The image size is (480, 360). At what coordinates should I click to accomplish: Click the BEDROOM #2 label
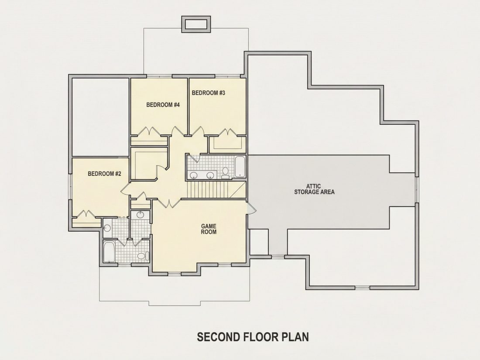point(104,174)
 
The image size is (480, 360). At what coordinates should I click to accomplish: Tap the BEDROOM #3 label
point(209,93)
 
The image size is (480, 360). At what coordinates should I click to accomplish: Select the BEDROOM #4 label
point(163,105)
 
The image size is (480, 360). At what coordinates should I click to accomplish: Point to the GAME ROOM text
point(209,229)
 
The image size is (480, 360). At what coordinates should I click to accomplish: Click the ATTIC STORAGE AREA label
point(314,189)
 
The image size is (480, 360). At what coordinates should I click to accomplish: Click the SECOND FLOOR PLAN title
point(253,337)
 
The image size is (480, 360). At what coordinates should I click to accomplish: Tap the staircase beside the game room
point(216,190)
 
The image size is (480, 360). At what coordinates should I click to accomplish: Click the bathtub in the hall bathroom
point(240,167)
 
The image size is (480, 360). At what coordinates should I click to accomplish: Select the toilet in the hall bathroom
point(226,173)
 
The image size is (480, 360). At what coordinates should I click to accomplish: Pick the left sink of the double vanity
point(193,175)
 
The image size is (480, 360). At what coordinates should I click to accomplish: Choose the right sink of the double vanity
point(210,175)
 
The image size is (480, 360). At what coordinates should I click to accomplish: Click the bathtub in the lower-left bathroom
point(109,252)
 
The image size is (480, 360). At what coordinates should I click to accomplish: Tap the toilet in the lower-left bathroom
point(143,256)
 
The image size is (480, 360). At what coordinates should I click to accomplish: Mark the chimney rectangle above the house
point(196,24)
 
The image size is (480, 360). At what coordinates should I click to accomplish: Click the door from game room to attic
point(251,208)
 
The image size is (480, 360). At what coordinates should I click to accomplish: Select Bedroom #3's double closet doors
point(227,132)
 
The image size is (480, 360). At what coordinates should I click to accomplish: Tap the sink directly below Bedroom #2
point(107,228)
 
